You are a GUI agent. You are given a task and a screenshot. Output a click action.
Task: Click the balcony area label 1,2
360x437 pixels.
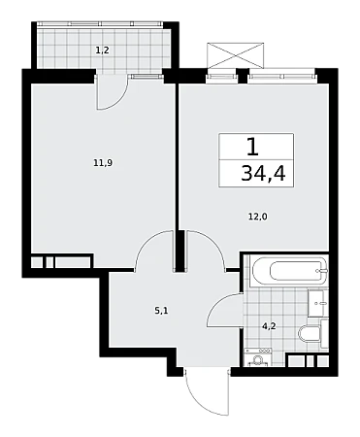[102, 50]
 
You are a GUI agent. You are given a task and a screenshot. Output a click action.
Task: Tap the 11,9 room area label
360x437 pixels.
[103, 163]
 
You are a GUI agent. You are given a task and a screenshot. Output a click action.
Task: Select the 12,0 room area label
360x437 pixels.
[258, 217]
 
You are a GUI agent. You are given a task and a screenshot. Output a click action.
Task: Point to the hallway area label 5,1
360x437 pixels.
[161, 311]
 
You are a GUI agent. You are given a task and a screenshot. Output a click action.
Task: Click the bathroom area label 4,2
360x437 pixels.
[269, 326]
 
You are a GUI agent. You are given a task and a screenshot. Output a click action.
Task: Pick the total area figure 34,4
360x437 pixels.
[263, 174]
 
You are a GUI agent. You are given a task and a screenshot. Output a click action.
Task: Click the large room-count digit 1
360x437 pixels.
[253, 147]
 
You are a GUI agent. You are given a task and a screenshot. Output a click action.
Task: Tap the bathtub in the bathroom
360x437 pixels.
[289, 271]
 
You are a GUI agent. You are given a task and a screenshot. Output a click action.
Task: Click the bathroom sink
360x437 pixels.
[316, 303]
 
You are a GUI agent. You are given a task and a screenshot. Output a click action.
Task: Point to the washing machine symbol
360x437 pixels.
[258, 357]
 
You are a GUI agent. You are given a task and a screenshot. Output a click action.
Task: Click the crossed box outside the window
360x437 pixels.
[235, 55]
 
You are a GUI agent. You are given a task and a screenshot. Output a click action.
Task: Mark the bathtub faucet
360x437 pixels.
[322, 271]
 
